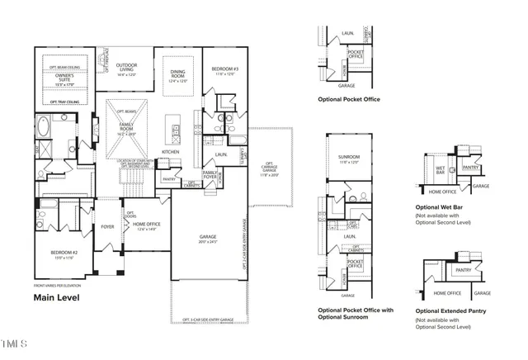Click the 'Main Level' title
click(56, 297)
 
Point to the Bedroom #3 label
click(224, 69)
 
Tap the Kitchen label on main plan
click(171, 152)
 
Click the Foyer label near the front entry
click(107, 225)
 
